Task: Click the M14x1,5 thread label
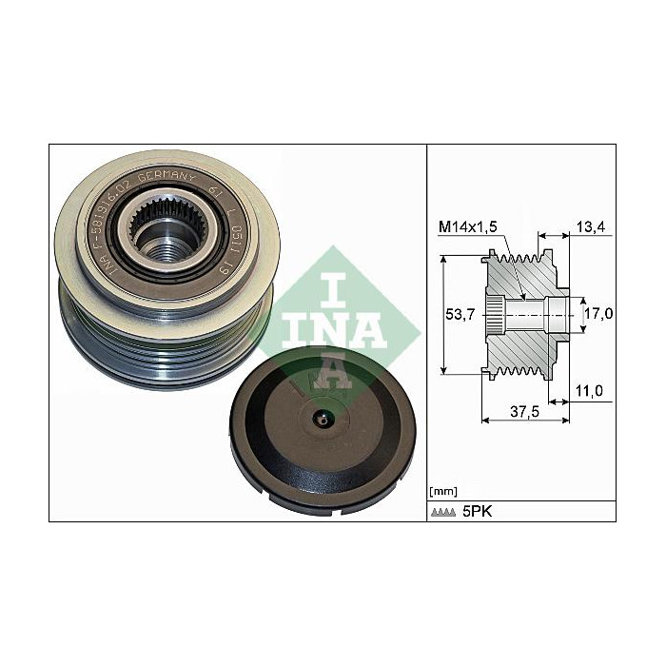pyautogui.click(x=470, y=225)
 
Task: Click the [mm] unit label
pyautogui.click(x=444, y=491)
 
